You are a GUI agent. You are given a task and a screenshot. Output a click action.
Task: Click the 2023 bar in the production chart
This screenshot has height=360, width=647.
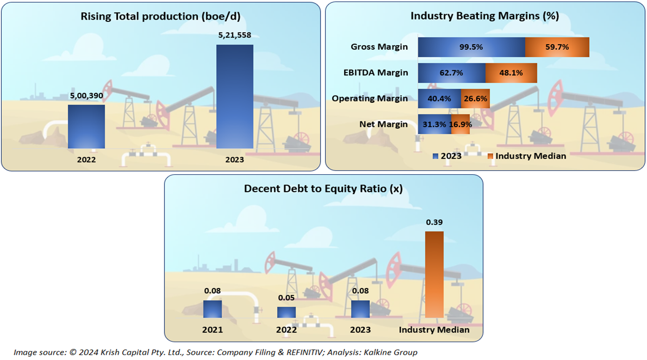[235, 96]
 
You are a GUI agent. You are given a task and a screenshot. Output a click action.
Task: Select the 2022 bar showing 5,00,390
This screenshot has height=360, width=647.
[86, 126]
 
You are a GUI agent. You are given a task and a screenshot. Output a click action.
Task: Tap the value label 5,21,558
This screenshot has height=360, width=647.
[235, 35]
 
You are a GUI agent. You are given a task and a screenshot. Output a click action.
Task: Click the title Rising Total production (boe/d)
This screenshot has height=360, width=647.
[161, 17]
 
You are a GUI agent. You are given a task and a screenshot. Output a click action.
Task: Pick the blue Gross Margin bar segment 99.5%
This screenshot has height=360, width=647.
[471, 47]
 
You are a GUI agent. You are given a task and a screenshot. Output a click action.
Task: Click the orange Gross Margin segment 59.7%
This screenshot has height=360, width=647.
[557, 47]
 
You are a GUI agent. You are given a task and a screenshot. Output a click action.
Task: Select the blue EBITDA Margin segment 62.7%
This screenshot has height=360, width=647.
[451, 73]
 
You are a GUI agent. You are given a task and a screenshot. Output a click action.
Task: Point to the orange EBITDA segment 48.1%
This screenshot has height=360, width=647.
[511, 73]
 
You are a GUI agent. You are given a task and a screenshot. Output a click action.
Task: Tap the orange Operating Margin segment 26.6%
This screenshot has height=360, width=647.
[476, 99]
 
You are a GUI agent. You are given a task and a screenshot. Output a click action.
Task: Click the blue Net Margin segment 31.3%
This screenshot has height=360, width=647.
[434, 124]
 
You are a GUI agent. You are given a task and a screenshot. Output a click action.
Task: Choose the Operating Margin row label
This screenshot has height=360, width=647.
[370, 99]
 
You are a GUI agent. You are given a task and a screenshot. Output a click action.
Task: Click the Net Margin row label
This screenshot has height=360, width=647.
[384, 124]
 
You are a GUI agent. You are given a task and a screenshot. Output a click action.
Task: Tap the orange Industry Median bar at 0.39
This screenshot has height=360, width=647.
[434, 274]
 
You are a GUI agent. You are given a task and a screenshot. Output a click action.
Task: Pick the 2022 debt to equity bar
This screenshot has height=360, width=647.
[286, 312]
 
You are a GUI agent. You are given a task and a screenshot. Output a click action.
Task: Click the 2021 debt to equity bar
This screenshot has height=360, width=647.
[213, 309]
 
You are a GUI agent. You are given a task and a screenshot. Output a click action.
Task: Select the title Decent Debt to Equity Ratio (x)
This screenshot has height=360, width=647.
[323, 189]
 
